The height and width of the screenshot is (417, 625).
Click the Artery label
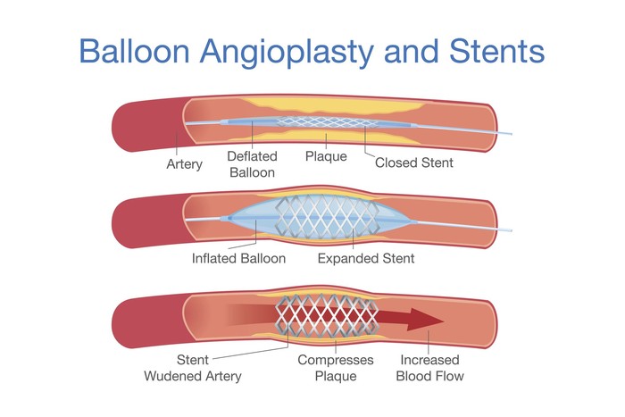[x=185, y=164]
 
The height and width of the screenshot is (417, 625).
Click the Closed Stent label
[x=413, y=163]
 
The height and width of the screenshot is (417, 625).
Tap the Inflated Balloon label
[x=238, y=259]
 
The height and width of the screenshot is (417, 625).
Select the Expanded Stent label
[x=366, y=259]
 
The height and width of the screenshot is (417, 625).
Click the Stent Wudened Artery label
[x=192, y=369]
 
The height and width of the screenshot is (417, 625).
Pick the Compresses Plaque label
[x=335, y=369]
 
